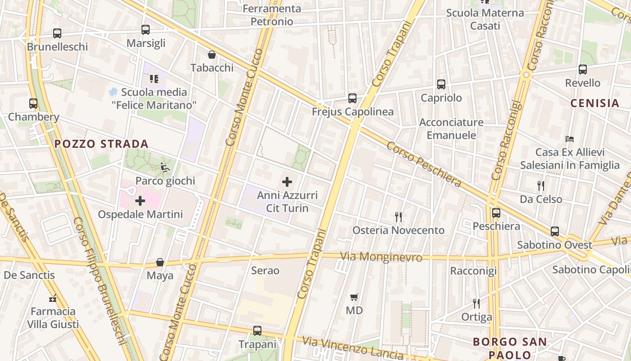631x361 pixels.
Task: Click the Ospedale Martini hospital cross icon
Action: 140,201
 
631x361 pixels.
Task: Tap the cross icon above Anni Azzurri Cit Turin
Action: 287,182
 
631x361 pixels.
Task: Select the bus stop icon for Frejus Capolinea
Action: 352,98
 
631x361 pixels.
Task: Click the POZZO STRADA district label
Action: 101,144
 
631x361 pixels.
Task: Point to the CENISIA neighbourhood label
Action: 595,103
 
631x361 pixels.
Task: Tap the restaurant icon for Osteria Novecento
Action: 398,217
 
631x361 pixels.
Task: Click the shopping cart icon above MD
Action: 354,297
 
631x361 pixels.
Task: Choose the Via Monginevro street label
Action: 381,257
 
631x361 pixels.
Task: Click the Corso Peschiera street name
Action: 424,165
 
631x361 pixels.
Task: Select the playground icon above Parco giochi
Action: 165,167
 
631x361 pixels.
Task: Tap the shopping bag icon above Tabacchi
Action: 212,55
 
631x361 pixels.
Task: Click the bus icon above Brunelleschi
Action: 57,33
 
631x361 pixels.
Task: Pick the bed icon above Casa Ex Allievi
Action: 570,139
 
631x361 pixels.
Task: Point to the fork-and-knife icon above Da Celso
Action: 541,185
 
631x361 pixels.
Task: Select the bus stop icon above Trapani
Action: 257,331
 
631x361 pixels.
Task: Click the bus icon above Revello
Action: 583,69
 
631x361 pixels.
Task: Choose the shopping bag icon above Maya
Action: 160,262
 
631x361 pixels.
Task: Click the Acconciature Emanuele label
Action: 451,129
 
